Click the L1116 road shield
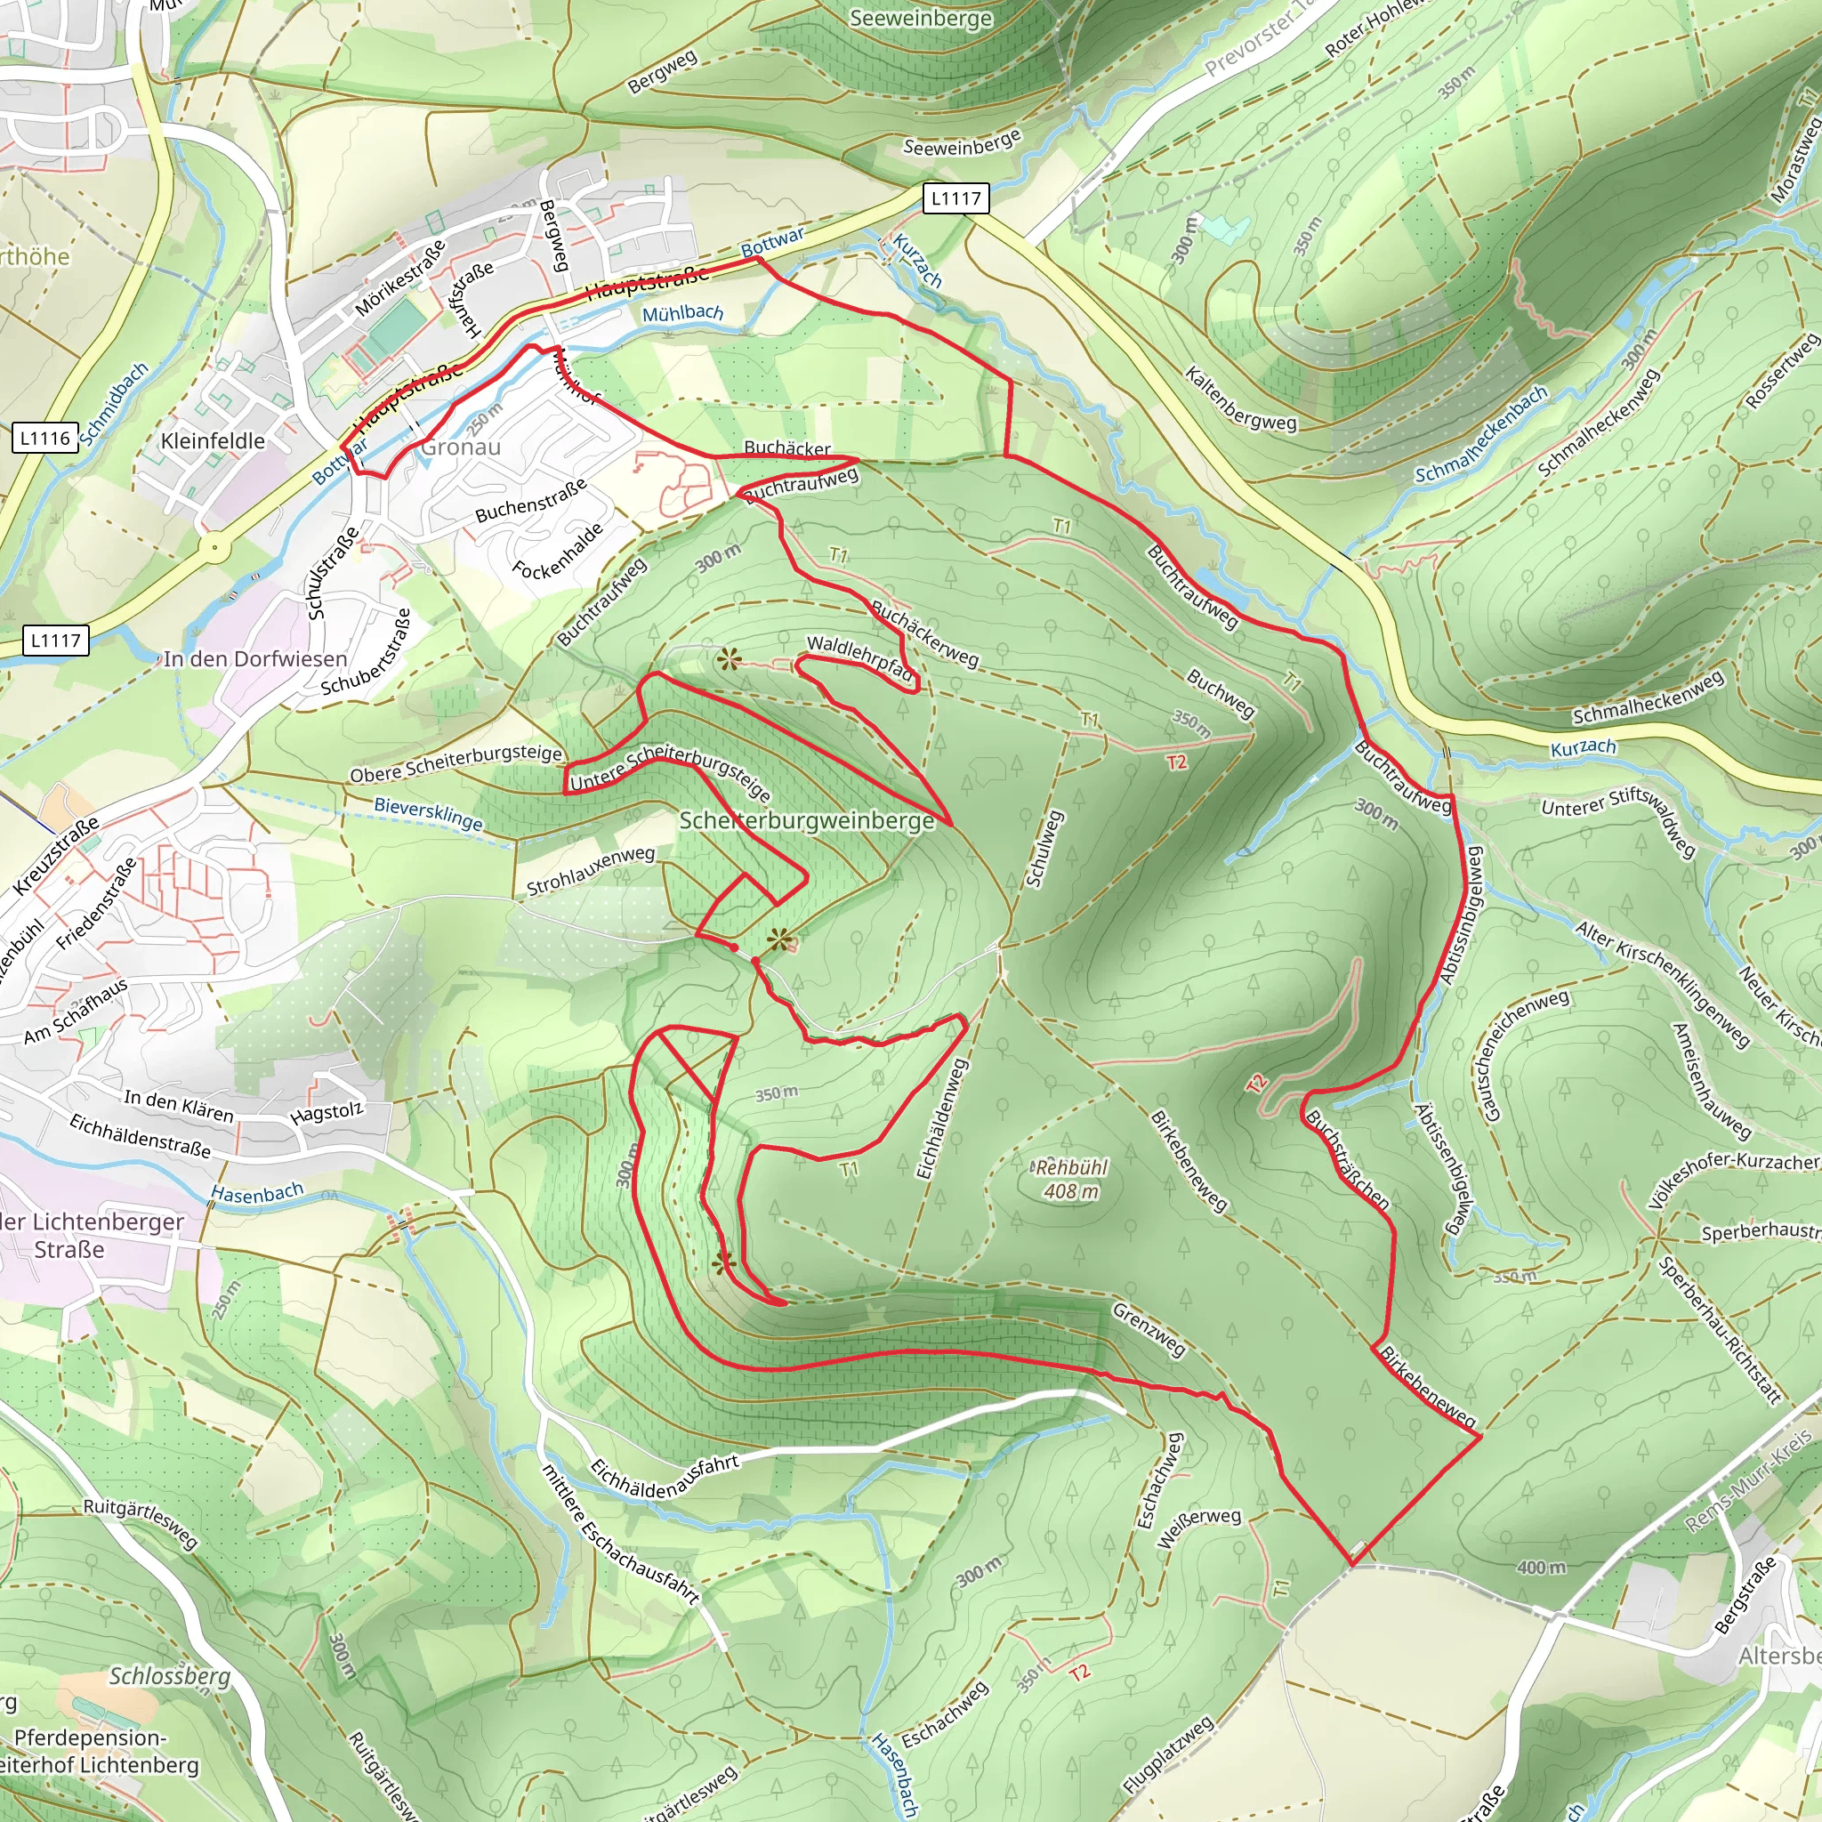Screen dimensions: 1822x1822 (x=45, y=439)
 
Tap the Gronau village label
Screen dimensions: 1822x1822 (x=460, y=447)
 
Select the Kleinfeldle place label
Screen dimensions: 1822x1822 (x=214, y=441)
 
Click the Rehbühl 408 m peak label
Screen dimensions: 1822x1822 (x=1070, y=1179)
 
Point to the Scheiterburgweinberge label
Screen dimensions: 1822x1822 (x=807, y=820)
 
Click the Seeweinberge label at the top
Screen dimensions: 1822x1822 (x=921, y=19)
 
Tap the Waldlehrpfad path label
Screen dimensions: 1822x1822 (x=860, y=657)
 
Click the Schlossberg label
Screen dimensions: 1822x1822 (x=170, y=1676)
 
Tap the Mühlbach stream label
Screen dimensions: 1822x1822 (x=682, y=313)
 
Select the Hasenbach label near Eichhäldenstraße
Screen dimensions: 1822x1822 (x=256, y=1194)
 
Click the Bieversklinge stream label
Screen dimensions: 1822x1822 (x=428, y=814)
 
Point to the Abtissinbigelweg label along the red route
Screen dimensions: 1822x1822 (x=1463, y=915)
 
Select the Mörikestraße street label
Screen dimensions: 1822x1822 (x=399, y=279)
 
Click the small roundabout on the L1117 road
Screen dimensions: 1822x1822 (x=215, y=547)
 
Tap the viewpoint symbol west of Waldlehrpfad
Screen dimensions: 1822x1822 (x=728, y=660)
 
